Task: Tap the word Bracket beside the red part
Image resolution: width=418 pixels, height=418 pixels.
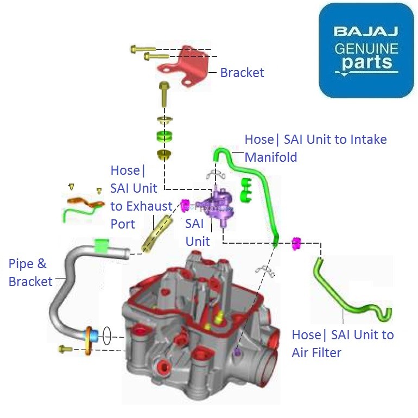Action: pos(242,73)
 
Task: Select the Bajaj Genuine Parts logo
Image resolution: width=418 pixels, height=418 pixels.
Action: pos(366,50)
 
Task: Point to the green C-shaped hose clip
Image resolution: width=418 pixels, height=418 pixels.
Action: pos(246,188)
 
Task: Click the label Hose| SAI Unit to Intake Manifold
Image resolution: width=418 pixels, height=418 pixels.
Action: pos(315,148)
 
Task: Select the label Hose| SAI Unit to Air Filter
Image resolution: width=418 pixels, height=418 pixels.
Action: pos(342,344)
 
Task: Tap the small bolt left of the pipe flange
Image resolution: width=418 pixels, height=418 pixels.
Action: pos(65,349)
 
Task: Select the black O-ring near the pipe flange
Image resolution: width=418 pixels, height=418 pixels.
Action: pos(106,335)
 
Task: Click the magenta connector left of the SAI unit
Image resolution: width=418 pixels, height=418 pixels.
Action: pos(185,205)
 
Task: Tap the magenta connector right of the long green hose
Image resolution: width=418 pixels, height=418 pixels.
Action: pos(296,243)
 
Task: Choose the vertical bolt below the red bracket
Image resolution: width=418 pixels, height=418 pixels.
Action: pos(163,95)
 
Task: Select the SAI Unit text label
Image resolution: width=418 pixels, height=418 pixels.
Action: pos(197,232)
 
